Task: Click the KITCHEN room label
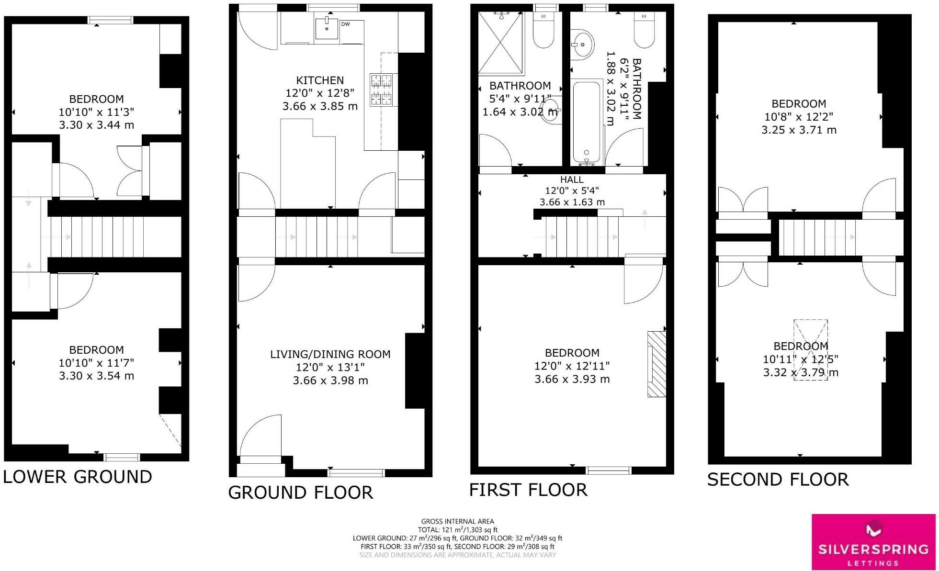coord(319,80)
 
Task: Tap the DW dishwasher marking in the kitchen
coord(345,24)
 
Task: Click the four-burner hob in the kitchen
coord(381,90)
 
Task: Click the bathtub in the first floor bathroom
coord(587,122)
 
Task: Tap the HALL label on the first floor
coord(572,179)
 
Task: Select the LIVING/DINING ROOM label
coord(330,354)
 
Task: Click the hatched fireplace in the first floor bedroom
coord(656,364)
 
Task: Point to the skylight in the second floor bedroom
coord(810,350)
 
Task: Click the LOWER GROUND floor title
coord(78,477)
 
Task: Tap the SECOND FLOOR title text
coord(778,480)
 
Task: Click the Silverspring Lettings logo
coord(873,542)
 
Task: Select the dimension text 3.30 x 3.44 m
coord(96,125)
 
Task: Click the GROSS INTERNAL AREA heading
coord(457,521)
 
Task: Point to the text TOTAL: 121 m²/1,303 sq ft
coord(457,530)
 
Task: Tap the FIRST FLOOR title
coord(528,490)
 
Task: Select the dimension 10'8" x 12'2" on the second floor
coord(798,117)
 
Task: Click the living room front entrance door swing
coord(259,436)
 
